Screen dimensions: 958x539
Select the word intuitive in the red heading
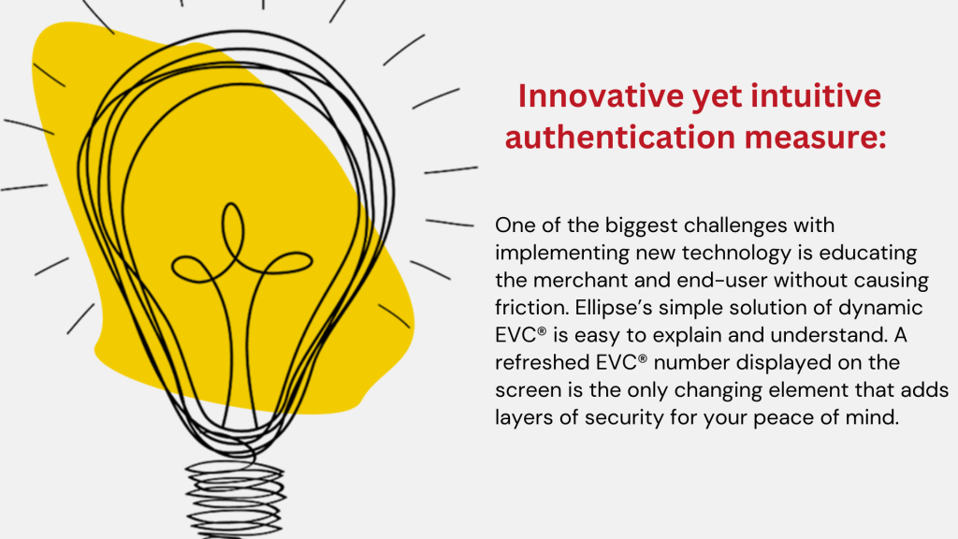click(x=816, y=96)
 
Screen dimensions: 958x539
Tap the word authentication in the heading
click(x=620, y=137)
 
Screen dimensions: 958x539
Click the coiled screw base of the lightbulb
click(x=235, y=498)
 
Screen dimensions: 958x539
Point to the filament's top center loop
click(x=233, y=232)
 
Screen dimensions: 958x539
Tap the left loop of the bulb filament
click(x=195, y=269)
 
